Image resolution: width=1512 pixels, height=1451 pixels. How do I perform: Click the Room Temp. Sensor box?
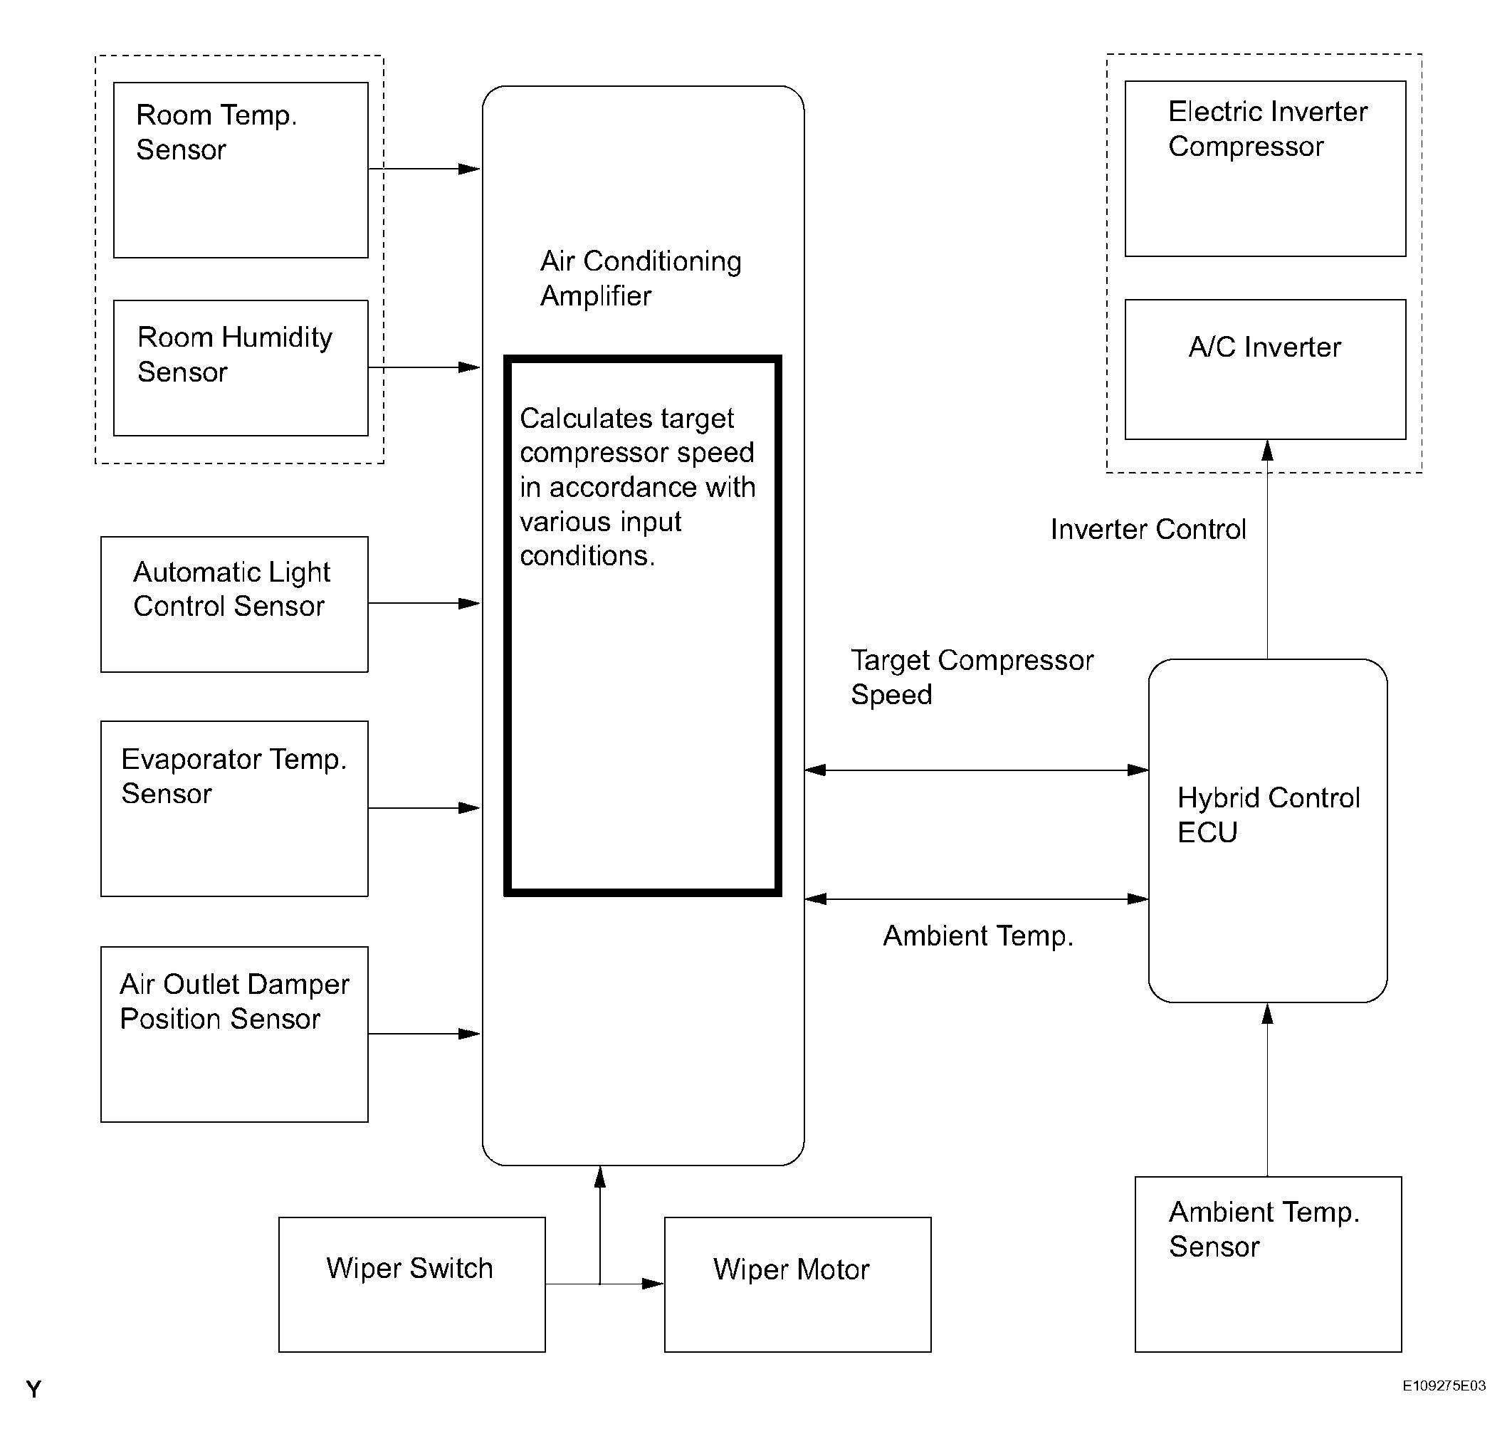click(x=241, y=169)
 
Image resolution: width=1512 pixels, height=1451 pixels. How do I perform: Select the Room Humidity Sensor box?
click(x=241, y=368)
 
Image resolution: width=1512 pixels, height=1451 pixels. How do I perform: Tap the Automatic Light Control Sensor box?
click(x=234, y=604)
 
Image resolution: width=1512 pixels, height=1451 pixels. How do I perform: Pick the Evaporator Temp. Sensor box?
click(x=234, y=808)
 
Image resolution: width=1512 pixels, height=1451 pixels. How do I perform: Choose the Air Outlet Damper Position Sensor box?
click(x=234, y=1034)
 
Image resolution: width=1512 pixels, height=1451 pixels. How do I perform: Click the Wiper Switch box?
click(x=412, y=1284)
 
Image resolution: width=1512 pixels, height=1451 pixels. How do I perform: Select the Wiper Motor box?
click(x=798, y=1284)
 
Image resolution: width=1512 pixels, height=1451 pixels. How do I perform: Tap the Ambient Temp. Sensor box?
click(x=1269, y=1264)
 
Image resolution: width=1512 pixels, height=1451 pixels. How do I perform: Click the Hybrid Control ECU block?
click(x=1269, y=831)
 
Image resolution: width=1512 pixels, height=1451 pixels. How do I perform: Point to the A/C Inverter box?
click(x=1265, y=370)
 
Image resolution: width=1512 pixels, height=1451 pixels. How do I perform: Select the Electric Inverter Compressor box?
click(x=1265, y=169)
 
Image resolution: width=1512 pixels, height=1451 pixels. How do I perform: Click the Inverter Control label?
click(x=1148, y=529)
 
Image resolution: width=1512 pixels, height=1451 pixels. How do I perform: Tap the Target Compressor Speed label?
click(x=972, y=676)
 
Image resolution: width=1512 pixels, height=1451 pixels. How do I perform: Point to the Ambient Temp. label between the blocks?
click(x=978, y=936)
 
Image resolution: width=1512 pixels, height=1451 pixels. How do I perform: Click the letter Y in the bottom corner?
click(x=33, y=1389)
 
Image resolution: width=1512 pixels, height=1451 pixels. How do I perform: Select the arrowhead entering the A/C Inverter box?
click(x=1266, y=450)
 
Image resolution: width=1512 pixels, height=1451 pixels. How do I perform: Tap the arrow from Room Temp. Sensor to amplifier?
click(x=424, y=169)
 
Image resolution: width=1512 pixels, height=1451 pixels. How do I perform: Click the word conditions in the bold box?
click(x=587, y=555)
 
